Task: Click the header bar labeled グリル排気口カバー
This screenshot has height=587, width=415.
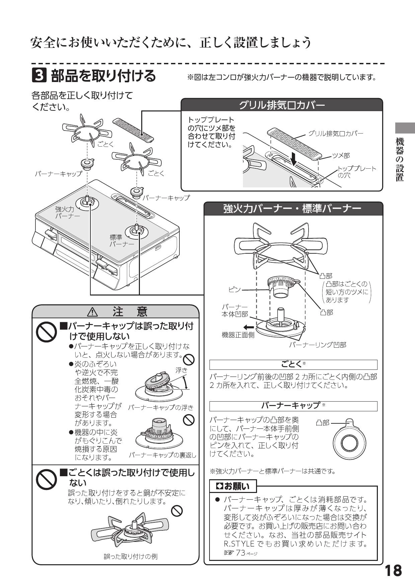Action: point(281,105)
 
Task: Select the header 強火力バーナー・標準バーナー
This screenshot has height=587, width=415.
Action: point(293,208)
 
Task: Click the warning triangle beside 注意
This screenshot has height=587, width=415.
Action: point(92,312)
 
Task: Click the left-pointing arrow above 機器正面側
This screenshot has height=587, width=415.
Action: point(249,327)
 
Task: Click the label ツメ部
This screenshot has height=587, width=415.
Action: point(341,155)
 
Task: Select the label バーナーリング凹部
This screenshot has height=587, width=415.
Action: point(317,345)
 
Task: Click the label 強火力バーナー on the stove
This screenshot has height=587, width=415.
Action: point(67,212)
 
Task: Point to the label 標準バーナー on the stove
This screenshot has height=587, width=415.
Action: point(121,240)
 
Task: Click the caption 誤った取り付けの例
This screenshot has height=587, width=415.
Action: point(131,557)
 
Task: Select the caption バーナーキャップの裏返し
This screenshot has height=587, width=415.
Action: point(162,455)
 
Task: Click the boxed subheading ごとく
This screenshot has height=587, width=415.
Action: point(293,364)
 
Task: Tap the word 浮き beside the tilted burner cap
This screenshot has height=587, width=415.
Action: point(181,370)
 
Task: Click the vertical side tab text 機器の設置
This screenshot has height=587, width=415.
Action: point(400,159)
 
